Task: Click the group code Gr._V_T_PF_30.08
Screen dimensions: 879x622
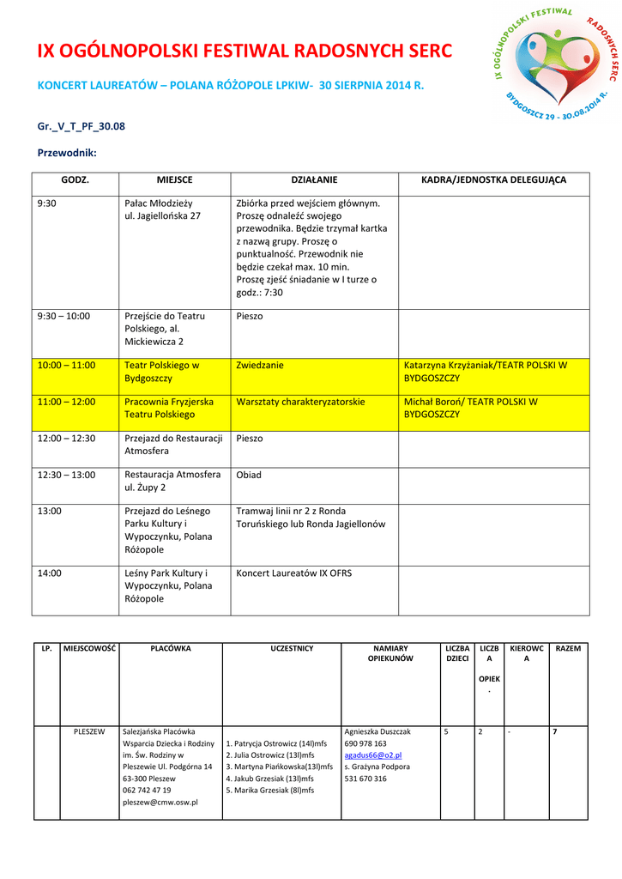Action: point(82,126)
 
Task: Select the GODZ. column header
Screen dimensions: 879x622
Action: point(75,180)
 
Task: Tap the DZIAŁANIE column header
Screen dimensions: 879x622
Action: point(314,180)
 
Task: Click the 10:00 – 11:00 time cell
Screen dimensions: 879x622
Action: point(66,366)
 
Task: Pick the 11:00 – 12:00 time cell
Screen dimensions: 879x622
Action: point(66,402)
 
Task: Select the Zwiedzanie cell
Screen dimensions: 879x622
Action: point(260,366)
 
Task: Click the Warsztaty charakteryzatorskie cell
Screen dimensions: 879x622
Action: point(300,402)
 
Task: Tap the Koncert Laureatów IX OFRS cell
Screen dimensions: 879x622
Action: point(293,573)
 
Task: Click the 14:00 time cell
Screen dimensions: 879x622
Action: point(50,573)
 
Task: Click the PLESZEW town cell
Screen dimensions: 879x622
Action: point(89,732)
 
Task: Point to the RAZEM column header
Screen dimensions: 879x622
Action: point(568,649)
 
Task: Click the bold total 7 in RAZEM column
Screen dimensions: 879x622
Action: point(555,732)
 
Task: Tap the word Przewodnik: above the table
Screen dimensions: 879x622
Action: point(67,154)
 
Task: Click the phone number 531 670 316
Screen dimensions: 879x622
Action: point(365,779)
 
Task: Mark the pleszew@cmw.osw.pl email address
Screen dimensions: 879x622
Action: point(160,802)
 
